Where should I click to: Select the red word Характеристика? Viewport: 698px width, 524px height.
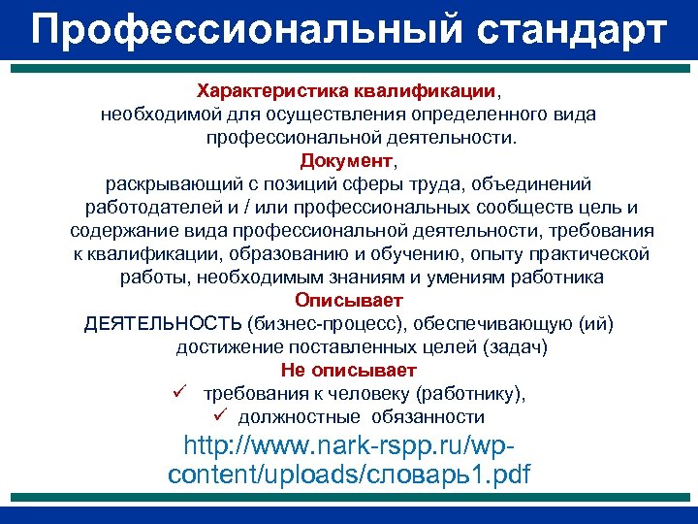[x=261, y=91]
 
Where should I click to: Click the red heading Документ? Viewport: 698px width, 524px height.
[x=347, y=160]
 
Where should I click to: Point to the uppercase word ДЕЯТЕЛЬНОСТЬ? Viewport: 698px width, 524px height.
[x=163, y=323]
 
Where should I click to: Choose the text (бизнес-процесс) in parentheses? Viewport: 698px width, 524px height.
[x=312, y=323]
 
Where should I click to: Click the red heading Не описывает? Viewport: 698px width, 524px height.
[x=349, y=370]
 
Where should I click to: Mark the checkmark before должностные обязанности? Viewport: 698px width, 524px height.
[x=220, y=416]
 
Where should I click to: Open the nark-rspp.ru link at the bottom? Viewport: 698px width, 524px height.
[x=349, y=462]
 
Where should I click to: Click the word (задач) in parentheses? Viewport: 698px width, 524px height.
[x=513, y=346]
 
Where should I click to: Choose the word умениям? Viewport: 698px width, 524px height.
[x=455, y=278]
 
